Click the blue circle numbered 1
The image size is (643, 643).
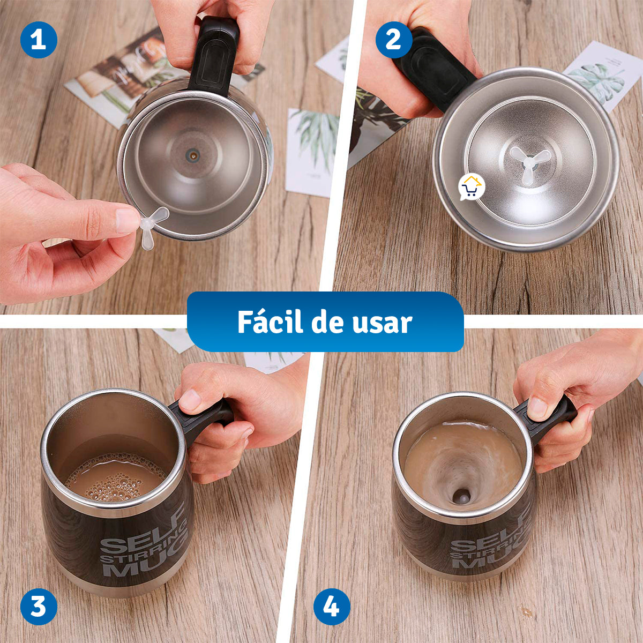(x=39, y=40)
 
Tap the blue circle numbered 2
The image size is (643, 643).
(x=394, y=40)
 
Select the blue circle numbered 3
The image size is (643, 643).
(x=39, y=607)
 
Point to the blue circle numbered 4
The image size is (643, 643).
(x=332, y=607)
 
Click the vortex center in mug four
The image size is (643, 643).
(x=461, y=496)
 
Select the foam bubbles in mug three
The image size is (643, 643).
(x=115, y=480)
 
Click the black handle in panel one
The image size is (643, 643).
(x=215, y=56)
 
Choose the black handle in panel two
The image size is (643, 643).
(x=434, y=70)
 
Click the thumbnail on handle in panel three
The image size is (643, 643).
(x=190, y=400)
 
